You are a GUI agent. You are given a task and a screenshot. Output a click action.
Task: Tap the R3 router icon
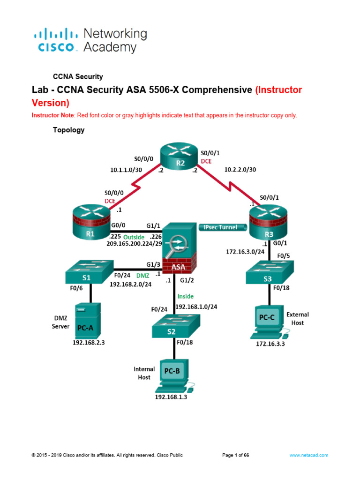(267, 224)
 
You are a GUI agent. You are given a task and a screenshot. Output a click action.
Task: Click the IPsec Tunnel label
(220, 227)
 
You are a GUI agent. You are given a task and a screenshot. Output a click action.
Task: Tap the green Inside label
(185, 296)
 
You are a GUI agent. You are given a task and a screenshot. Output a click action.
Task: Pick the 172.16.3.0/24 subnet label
(245, 252)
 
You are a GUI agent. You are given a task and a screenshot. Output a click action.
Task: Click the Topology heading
(68, 130)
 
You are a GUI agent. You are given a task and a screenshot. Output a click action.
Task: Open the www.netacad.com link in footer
(308, 455)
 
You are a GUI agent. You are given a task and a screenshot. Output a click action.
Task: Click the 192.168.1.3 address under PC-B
(174, 397)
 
